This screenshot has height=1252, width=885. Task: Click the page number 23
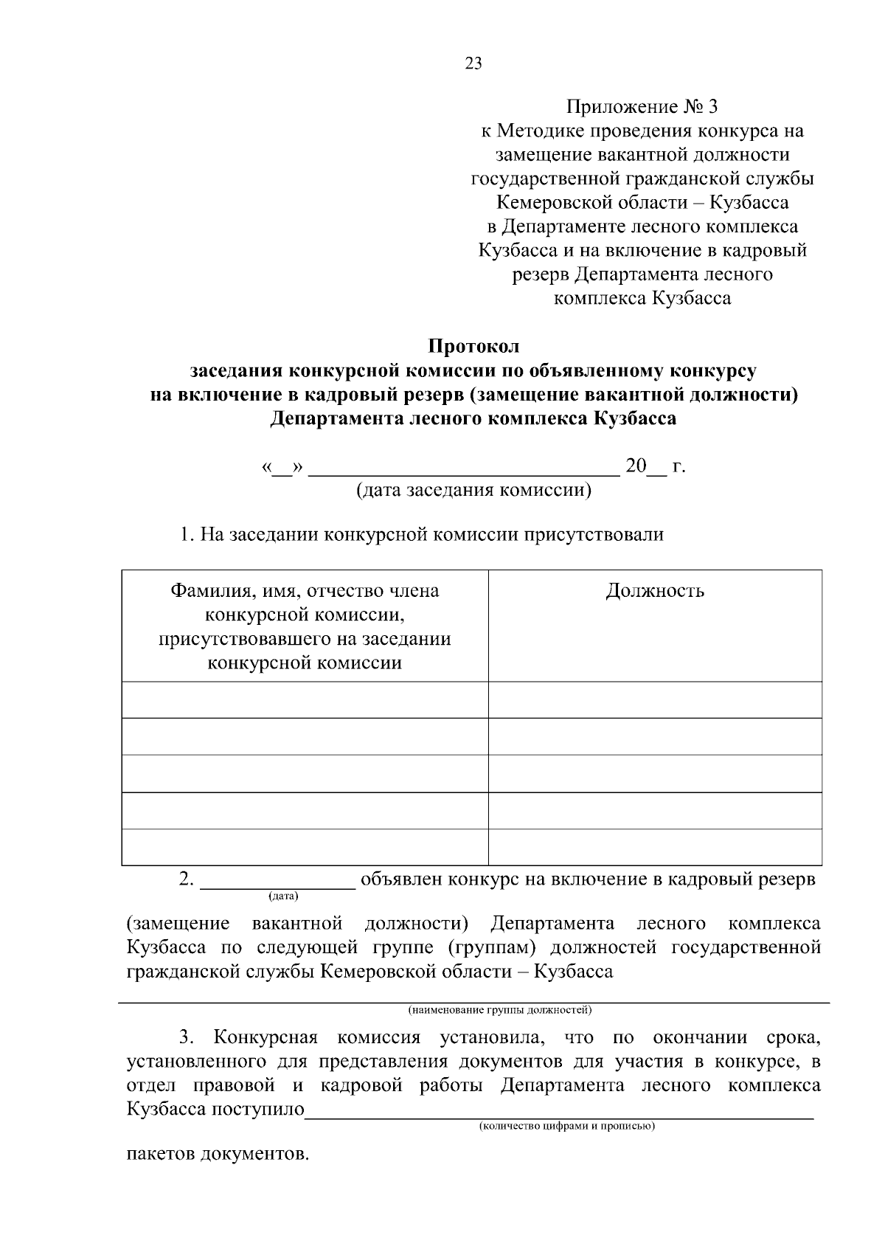point(473,63)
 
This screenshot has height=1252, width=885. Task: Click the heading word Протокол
point(473,346)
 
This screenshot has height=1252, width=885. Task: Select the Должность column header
point(655,591)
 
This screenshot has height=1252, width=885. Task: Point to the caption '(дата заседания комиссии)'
point(473,490)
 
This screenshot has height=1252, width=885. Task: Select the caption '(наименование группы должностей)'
point(499,1009)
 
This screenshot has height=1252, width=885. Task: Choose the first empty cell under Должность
point(655,699)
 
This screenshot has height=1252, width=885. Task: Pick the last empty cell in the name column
point(305,847)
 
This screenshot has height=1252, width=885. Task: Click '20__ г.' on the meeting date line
point(655,466)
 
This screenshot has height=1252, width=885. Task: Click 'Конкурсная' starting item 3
point(265,1038)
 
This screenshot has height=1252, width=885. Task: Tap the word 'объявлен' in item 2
point(402,879)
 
